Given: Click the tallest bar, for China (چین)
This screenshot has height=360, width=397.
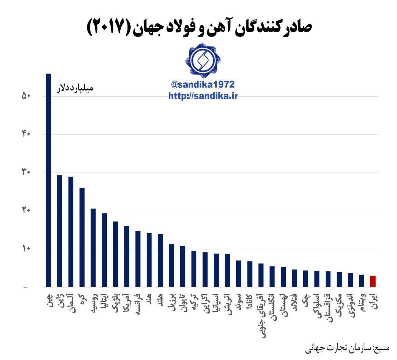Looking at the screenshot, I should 48,180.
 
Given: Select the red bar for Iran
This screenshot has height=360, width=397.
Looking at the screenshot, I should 373,281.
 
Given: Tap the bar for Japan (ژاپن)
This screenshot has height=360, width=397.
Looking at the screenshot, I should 60,231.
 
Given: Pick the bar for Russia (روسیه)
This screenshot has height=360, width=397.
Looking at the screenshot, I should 93,248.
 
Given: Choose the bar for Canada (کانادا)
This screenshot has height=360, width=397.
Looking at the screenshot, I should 250,274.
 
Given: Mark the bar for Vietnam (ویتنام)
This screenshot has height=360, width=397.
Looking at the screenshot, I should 362,281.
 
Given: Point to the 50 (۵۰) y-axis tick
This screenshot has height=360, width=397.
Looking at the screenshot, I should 26,96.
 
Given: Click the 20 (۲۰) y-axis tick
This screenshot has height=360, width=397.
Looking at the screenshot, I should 26,211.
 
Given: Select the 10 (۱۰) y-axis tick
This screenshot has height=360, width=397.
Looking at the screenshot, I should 26,249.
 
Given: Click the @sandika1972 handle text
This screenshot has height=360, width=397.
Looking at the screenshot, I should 203,85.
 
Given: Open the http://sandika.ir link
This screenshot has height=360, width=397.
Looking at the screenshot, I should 203,96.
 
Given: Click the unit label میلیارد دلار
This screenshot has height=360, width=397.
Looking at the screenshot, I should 74,88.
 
